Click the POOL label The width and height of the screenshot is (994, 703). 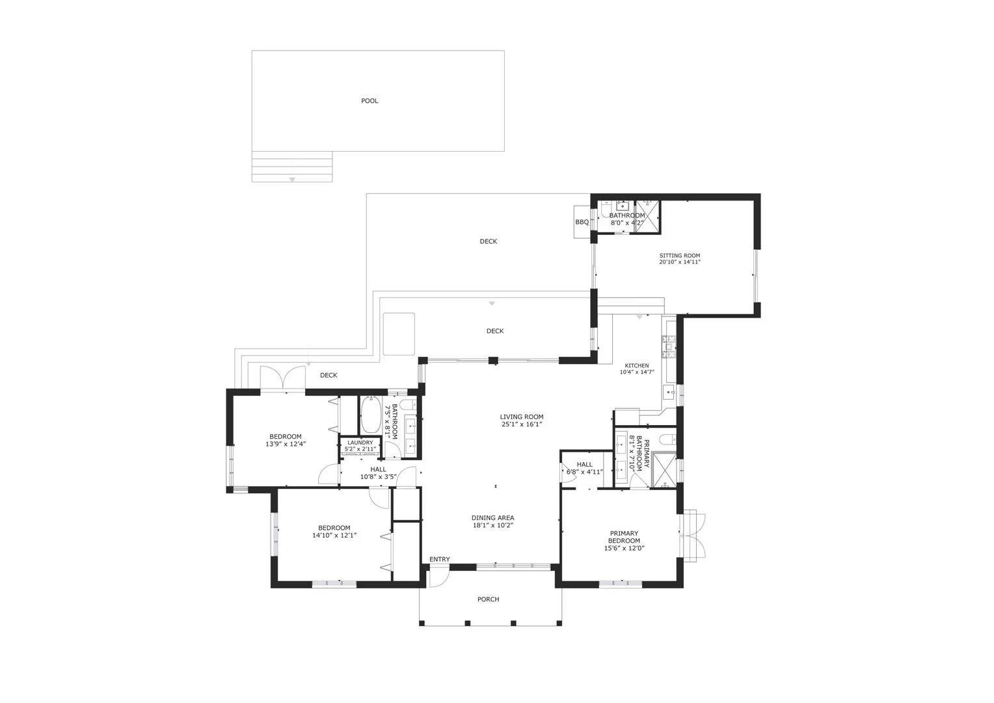pos(369,101)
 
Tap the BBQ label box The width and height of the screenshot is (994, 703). pos(582,222)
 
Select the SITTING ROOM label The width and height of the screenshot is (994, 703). pos(679,256)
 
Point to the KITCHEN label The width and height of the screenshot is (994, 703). pos(637,365)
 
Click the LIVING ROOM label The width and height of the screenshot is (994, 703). pos(522,417)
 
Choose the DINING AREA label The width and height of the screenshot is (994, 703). pos(492,518)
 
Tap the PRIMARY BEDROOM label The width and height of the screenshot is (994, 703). pos(624,537)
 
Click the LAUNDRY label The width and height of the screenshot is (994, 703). pos(360,443)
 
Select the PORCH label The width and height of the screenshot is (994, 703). pos(488,600)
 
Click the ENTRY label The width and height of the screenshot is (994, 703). pos(439,560)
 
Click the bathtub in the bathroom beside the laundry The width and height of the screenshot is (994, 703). pos(370,415)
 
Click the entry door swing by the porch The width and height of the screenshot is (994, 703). pos(439,579)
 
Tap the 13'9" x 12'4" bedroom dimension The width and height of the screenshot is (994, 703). pos(286,444)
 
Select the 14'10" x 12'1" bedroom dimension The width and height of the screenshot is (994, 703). pos(334,536)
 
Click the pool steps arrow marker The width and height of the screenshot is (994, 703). pos(292,180)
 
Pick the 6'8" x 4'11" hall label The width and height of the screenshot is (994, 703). pos(584,472)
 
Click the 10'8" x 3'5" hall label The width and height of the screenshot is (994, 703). pos(378,477)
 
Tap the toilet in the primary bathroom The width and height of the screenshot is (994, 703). pos(668,440)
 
